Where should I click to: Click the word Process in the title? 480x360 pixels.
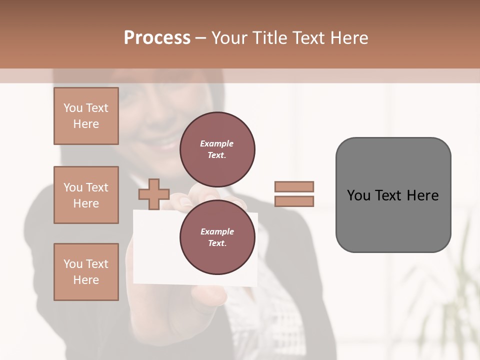[x=157, y=38]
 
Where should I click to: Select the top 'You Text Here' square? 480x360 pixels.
[x=86, y=116]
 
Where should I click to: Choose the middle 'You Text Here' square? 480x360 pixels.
[x=86, y=195]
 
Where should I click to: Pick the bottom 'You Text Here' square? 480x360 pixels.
[x=86, y=272]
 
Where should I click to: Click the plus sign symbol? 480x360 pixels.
[x=154, y=194]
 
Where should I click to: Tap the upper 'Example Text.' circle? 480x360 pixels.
[x=217, y=149]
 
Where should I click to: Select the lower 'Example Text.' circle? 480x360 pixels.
[x=217, y=237]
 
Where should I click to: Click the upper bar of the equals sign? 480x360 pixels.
[x=294, y=187]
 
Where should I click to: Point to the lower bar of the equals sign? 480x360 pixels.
[x=294, y=201]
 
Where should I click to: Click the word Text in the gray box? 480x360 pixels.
[x=388, y=195]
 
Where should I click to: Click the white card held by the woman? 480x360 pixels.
[x=155, y=250]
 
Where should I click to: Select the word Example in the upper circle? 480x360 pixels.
[x=217, y=143]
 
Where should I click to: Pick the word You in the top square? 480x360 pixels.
[x=73, y=108]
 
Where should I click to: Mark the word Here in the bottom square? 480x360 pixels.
[x=86, y=280]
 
